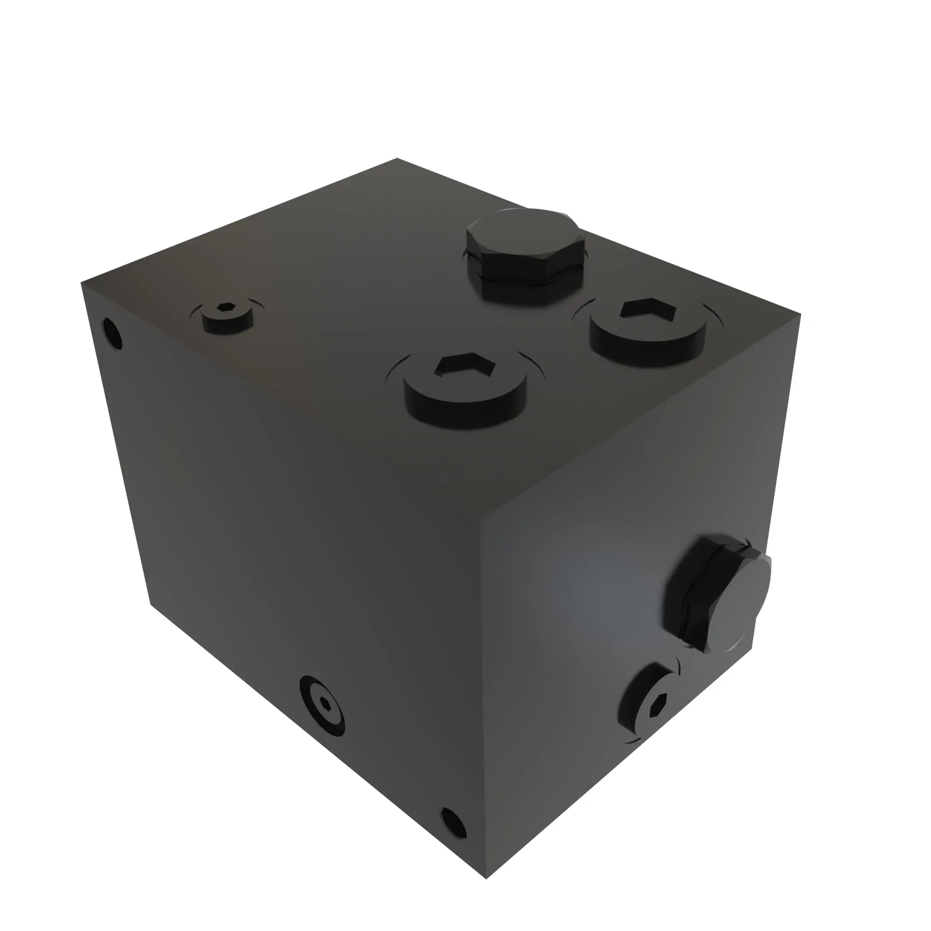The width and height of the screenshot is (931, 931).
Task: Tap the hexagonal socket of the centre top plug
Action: (465, 365)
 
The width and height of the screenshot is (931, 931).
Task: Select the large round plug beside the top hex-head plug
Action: (648, 331)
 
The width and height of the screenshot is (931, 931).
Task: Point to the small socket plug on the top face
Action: (227, 316)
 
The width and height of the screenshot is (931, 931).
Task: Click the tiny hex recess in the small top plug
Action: (225, 307)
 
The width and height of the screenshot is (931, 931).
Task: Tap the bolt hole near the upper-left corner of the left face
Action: (112, 333)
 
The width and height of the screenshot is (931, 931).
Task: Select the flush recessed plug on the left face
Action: (322, 706)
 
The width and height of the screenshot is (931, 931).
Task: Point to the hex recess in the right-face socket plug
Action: (657, 706)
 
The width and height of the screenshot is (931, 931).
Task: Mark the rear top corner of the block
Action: (397, 158)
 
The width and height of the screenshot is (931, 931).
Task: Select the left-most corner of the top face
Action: (81, 283)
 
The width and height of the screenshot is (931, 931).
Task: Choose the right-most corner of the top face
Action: (801, 314)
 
